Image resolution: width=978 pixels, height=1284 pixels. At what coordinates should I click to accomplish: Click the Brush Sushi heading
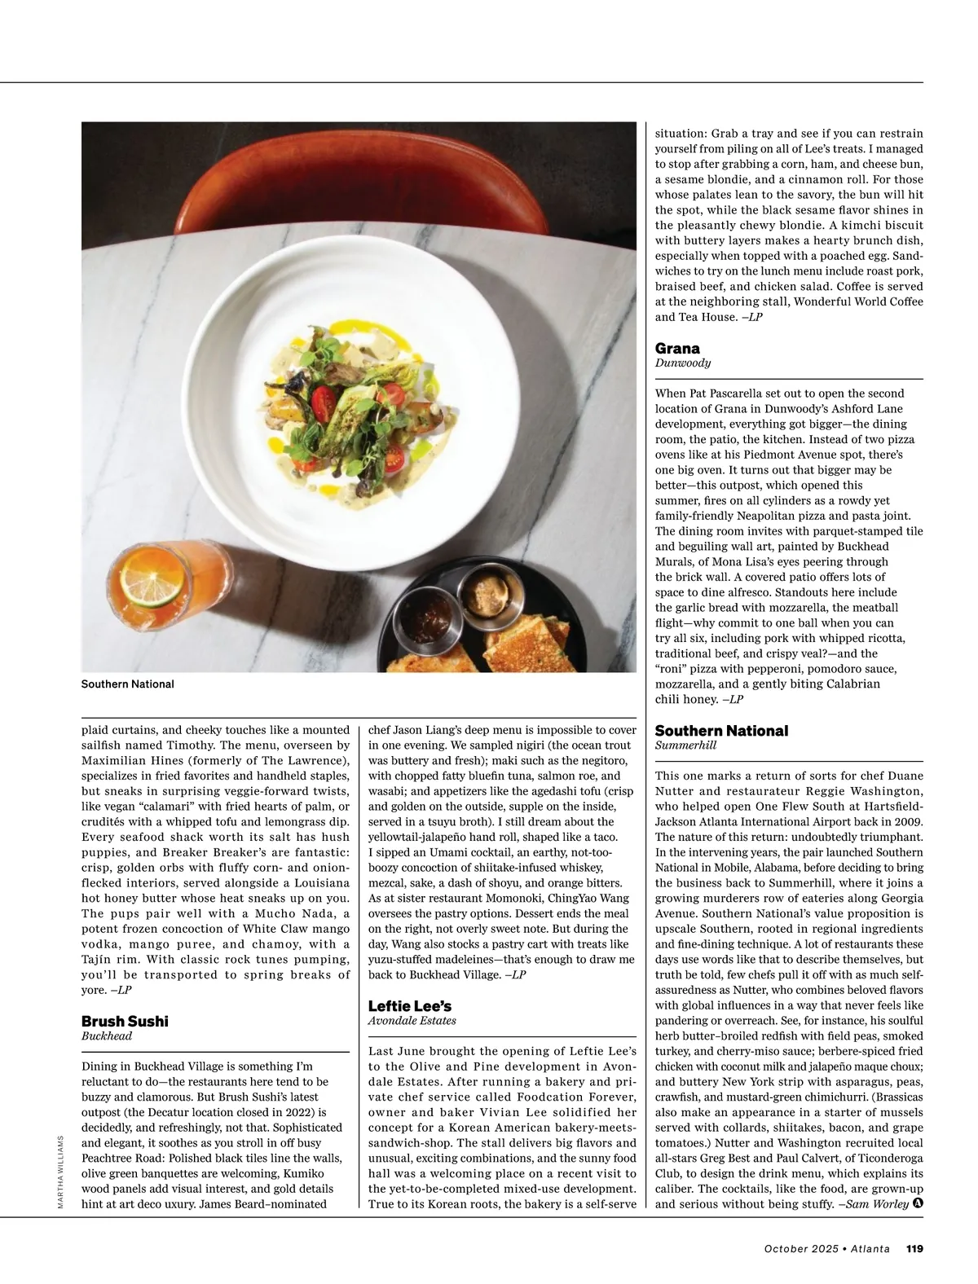(125, 1021)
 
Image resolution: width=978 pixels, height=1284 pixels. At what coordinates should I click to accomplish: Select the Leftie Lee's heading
(409, 1005)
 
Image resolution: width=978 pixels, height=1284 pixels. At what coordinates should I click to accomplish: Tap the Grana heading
(677, 349)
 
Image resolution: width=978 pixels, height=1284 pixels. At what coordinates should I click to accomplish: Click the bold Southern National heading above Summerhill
(721, 731)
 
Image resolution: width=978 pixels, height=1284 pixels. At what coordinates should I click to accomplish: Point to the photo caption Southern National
(127, 684)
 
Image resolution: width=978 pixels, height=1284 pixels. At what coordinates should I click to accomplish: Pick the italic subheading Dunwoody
(683, 363)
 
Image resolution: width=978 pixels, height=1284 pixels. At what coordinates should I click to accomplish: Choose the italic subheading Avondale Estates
(412, 1021)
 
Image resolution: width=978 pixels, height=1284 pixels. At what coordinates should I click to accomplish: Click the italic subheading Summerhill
(685, 745)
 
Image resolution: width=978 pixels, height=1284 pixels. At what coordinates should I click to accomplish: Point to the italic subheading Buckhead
(107, 1036)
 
